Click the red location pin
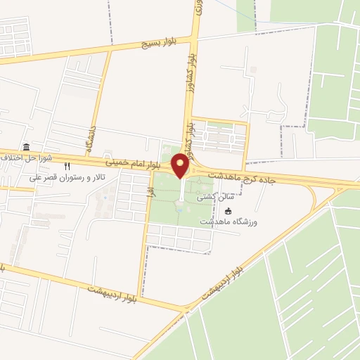181,166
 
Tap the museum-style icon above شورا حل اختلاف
26,147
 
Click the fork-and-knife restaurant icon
67,167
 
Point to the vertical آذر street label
150,189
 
